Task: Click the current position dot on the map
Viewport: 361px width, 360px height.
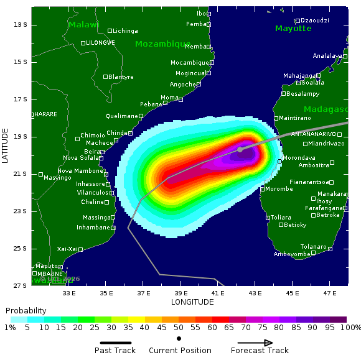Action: click(x=240, y=149)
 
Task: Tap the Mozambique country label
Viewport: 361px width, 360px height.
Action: click(x=162, y=44)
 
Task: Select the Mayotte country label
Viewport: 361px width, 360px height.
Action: click(x=293, y=29)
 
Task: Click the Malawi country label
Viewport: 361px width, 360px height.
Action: click(x=83, y=25)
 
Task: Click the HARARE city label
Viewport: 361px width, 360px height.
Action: click(x=45, y=114)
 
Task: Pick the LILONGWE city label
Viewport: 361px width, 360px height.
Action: click(x=100, y=43)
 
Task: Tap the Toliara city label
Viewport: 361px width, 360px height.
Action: click(x=281, y=218)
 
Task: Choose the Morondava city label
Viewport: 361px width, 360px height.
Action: click(x=299, y=158)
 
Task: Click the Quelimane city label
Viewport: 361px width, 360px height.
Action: click(x=122, y=116)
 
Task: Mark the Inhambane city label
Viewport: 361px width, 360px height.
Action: click(x=93, y=228)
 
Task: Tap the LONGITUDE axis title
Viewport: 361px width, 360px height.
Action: click(x=192, y=302)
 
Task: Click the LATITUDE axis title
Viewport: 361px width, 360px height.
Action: click(x=6, y=145)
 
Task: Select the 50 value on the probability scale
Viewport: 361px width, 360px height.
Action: click(x=179, y=328)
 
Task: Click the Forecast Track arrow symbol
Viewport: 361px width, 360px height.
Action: click(x=255, y=343)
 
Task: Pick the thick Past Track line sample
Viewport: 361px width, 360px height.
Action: click(x=116, y=343)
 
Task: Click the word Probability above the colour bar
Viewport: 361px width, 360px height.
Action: click(x=26, y=310)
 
